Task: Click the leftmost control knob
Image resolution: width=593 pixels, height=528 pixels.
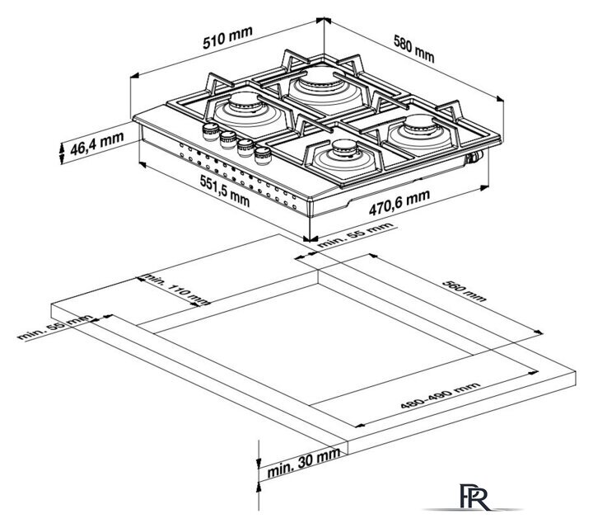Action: coord(210,130)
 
